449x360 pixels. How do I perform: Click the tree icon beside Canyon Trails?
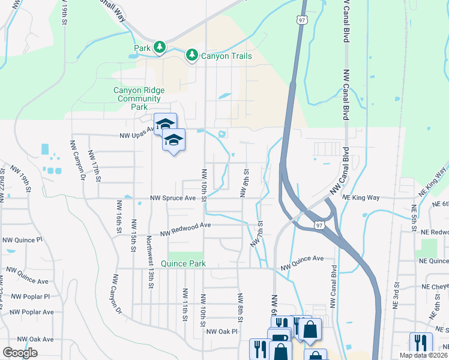[x=192, y=56]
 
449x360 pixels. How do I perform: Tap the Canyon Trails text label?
[x=226, y=56]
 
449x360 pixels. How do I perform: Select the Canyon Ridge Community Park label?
[x=139, y=98]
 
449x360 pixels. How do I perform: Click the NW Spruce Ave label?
[x=173, y=197]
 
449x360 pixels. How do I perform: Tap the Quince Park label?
[x=186, y=263]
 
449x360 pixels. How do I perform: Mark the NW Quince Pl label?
[x=23, y=239]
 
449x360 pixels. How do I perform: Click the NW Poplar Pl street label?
[x=29, y=296]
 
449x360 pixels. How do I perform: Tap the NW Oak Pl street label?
[x=222, y=331]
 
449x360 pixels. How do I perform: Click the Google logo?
[x=20, y=353]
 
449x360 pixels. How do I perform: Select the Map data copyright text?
[x=424, y=355]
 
